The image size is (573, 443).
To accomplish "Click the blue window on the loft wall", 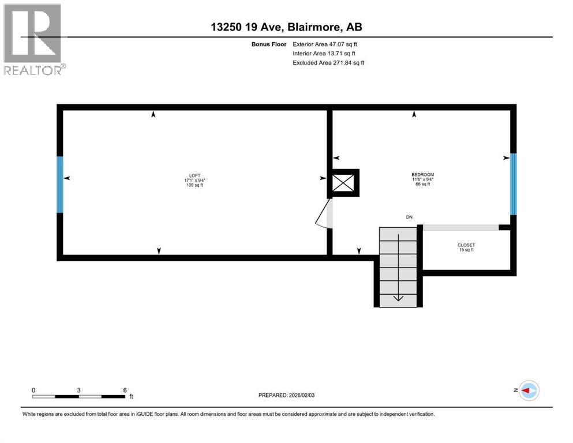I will click(59, 184).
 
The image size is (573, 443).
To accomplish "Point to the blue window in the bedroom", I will click(512, 184).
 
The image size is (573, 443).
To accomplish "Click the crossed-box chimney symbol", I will click(344, 183).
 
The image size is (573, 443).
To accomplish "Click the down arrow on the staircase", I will click(398, 296).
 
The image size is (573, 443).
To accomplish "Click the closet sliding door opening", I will click(460, 227).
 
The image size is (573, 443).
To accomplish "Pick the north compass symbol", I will click(528, 391).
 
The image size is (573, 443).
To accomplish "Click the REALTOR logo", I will click(33, 39).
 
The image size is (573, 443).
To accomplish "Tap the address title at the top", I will click(286, 27).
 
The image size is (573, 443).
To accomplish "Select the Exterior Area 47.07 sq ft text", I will click(329, 44).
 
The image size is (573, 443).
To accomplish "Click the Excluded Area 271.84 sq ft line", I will click(329, 62).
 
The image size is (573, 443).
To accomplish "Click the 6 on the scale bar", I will click(125, 390).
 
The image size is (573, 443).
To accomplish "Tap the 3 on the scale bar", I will click(78, 390).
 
